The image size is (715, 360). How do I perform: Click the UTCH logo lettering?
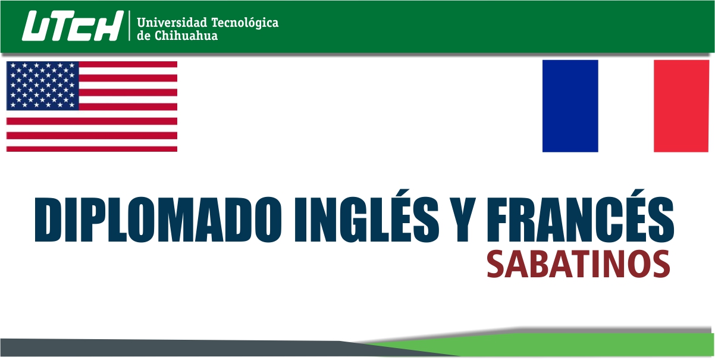point(73,26)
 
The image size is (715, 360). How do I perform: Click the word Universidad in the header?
point(172,23)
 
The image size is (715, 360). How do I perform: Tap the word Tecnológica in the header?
point(245,23)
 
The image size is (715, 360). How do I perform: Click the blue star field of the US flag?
point(43,86)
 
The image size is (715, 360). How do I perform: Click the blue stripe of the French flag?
point(570,106)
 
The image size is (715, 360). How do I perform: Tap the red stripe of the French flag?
point(681,106)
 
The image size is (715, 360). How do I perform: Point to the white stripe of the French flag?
point(626,106)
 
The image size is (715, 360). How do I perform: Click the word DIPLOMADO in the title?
point(158,220)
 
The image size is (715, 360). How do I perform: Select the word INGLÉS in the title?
point(366,216)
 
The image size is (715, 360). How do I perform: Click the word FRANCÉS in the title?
point(581,216)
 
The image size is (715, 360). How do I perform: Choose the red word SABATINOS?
point(578,264)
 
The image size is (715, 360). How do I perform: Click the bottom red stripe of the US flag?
point(92,149)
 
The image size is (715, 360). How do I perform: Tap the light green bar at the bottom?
point(575,345)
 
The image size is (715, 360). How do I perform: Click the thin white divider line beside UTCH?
point(129,26)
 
